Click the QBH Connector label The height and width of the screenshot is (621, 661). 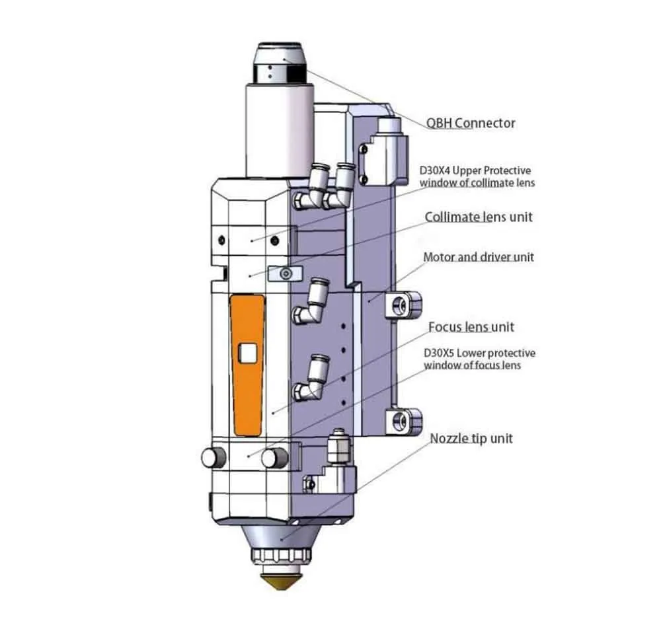pyautogui.click(x=471, y=123)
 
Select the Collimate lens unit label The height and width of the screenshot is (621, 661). pyautogui.click(x=478, y=217)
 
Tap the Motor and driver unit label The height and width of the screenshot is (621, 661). pyautogui.click(x=478, y=256)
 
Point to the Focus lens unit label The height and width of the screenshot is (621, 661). pyautogui.click(x=471, y=327)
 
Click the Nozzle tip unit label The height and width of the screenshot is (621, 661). pyautogui.click(x=471, y=438)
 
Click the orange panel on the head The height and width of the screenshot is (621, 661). pyautogui.click(x=247, y=364)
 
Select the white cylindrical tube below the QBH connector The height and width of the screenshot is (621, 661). pyautogui.click(x=279, y=129)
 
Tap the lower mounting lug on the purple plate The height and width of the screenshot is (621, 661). pyautogui.click(x=405, y=420)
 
